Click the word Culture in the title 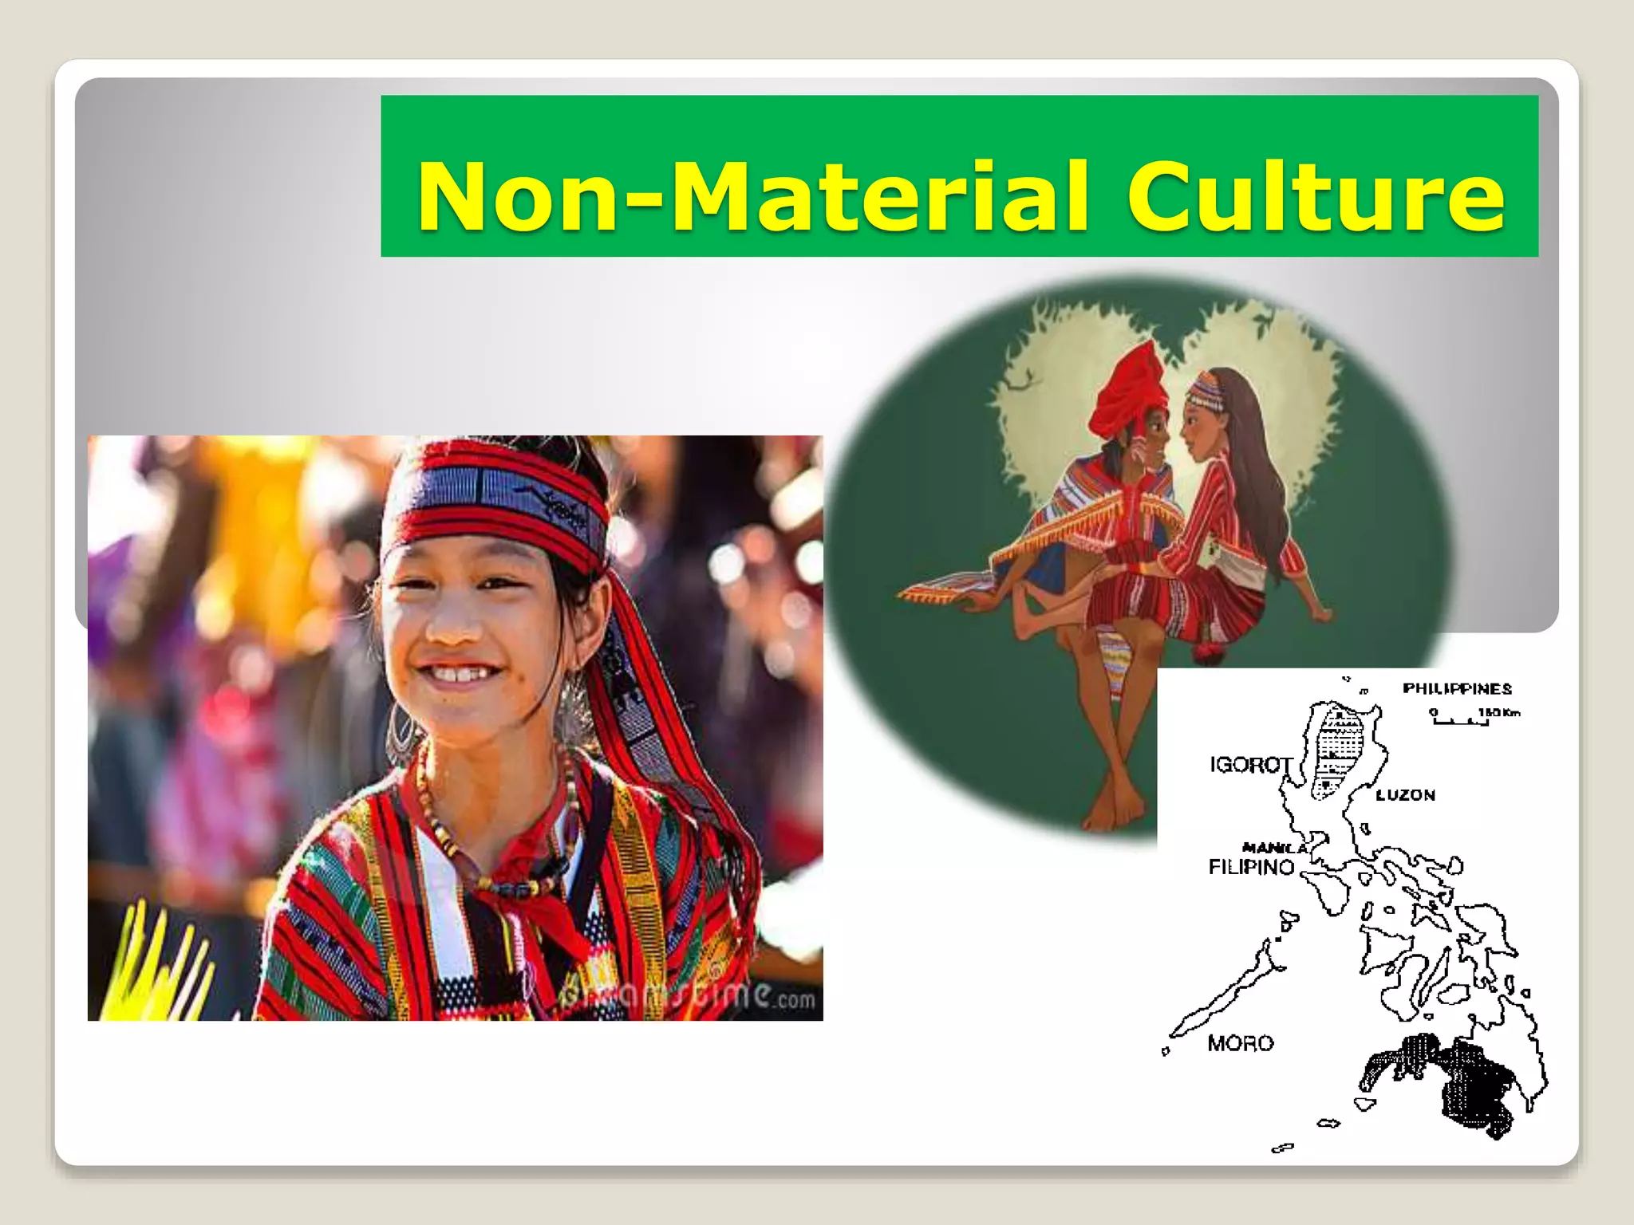1316,196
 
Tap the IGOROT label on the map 1250,765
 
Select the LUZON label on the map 1405,795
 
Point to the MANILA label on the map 1273,847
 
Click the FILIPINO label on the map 1251,868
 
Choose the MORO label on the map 1240,1043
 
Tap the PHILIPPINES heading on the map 1457,689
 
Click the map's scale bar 1461,720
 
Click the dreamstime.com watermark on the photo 686,997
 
